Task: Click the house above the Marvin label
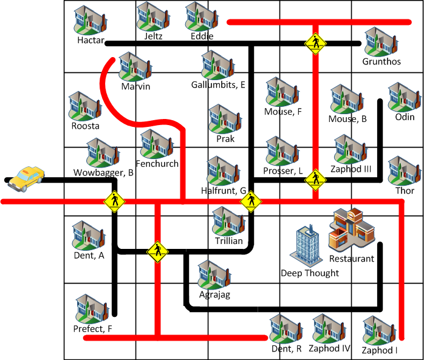click(x=134, y=67)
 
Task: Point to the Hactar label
click(x=91, y=41)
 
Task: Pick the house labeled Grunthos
click(x=381, y=42)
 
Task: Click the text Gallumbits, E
click(x=218, y=84)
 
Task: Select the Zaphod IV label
click(x=329, y=348)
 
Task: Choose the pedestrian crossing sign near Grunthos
click(x=315, y=44)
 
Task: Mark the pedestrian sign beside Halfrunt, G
click(x=251, y=202)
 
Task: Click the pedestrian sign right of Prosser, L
click(x=315, y=180)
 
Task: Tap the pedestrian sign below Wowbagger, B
click(x=114, y=201)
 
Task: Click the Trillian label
click(x=228, y=241)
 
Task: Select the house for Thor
click(x=405, y=172)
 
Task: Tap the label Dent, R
click(x=287, y=349)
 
